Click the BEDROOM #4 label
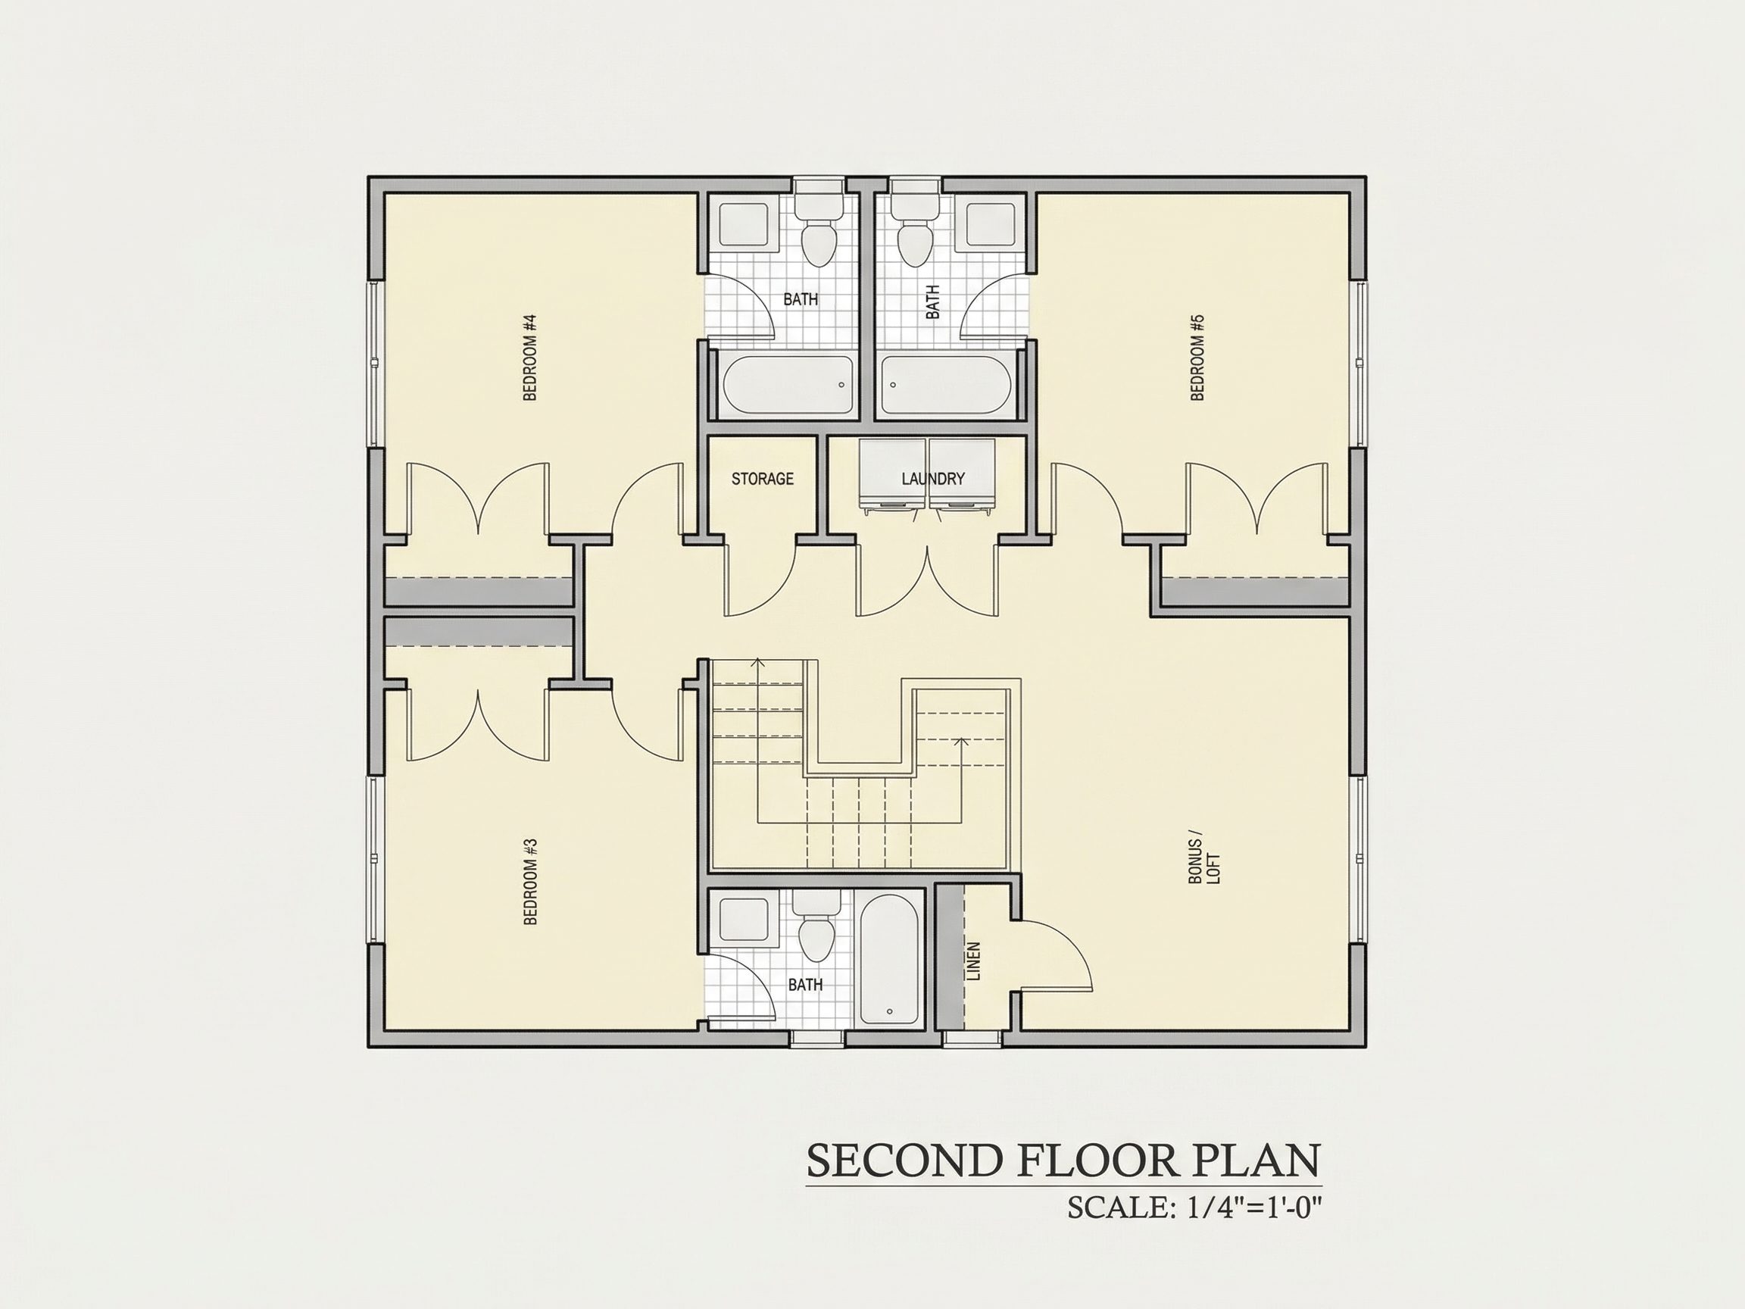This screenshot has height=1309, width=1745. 530,358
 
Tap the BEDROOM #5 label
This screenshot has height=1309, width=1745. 1197,358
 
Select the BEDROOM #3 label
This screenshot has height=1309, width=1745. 530,880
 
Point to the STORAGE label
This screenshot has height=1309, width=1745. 762,479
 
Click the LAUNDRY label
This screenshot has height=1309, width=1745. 933,479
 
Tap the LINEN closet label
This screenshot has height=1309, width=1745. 972,961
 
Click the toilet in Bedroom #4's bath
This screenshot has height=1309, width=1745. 818,224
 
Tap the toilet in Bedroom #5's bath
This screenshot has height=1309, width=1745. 915,224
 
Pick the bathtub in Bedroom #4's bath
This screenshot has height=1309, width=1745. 789,385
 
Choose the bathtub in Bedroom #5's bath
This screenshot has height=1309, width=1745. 946,385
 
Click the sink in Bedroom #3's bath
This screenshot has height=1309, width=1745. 744,920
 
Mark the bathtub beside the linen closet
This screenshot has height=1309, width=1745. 889,960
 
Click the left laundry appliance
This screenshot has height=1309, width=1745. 893,476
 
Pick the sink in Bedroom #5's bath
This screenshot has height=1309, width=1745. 991,224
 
